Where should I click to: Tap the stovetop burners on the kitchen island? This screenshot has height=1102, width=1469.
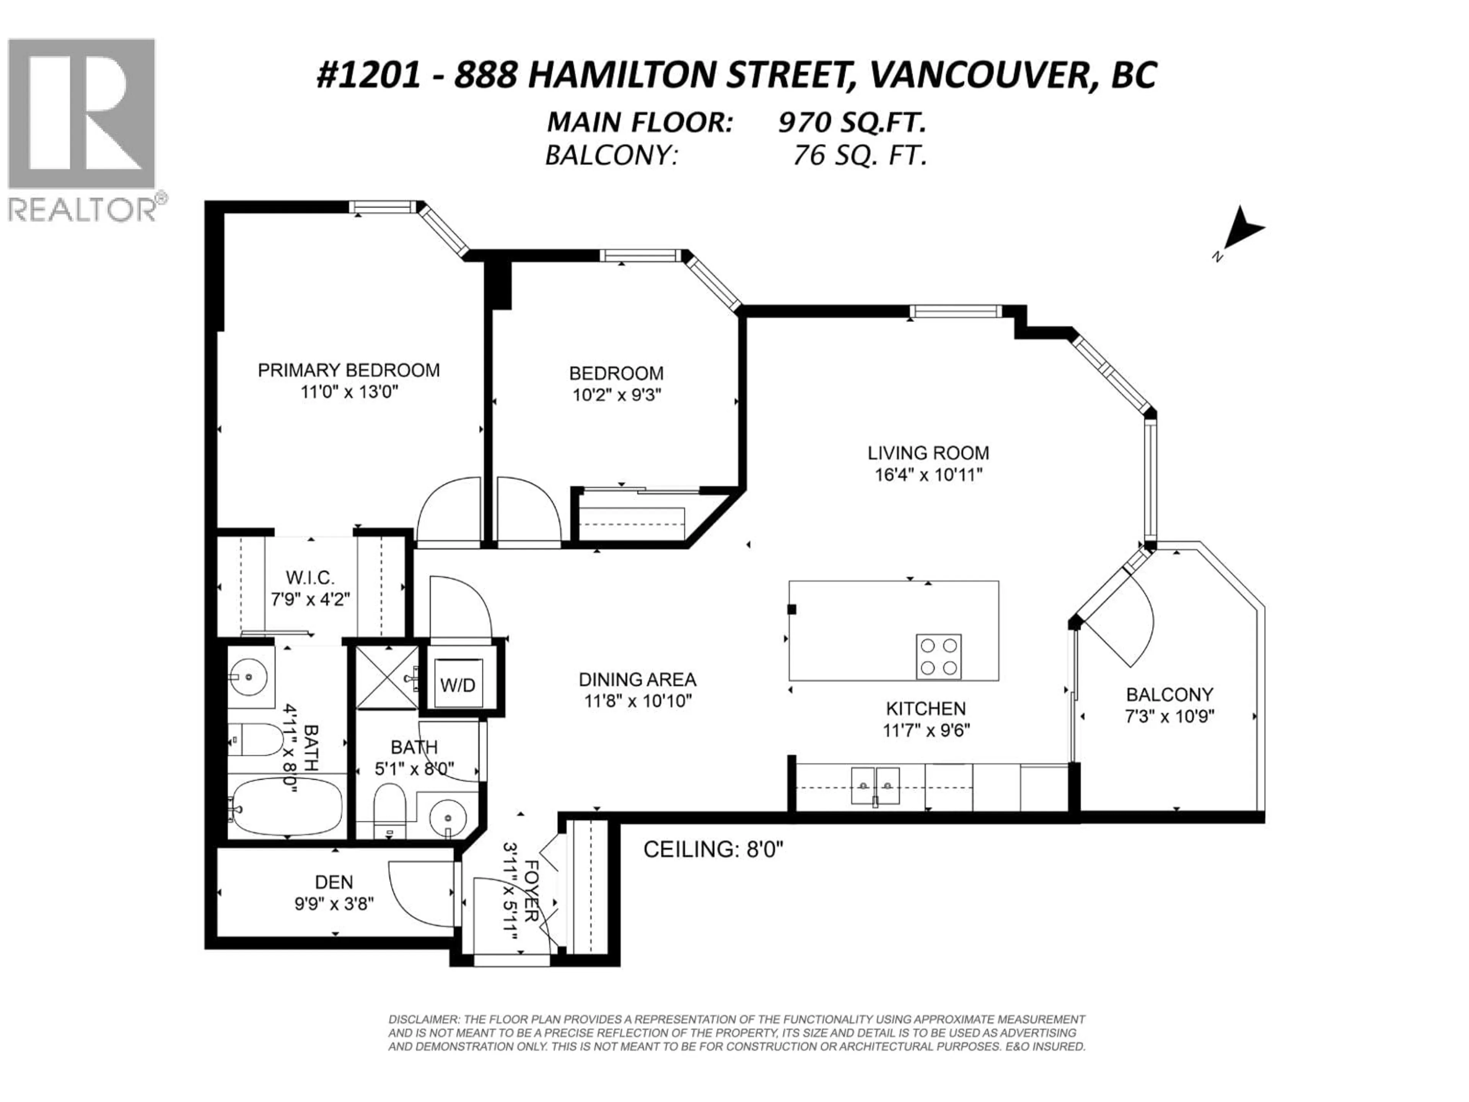938,656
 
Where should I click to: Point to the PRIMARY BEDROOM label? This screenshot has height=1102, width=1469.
349,370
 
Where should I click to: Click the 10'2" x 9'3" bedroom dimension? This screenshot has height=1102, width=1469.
616,395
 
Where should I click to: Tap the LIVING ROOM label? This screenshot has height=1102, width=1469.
928,453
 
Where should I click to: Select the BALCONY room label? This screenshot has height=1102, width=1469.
1169,695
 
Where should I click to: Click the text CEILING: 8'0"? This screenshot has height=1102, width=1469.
713,849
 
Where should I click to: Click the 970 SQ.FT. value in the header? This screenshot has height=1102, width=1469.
852,122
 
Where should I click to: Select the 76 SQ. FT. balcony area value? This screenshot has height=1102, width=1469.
859,155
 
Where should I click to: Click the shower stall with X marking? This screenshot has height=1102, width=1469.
386,678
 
